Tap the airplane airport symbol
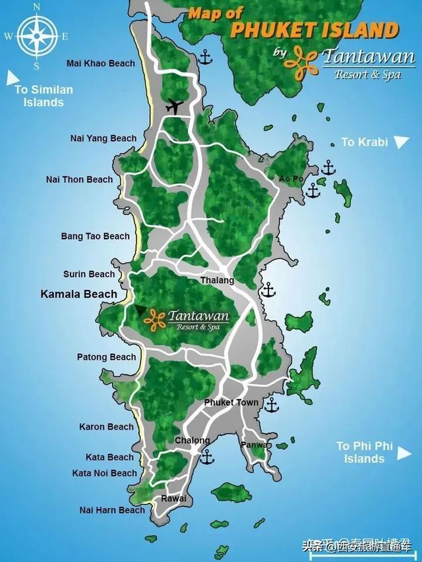(x=174, y=105)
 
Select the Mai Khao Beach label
(x=101, y=63)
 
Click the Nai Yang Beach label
(x=104, y=138)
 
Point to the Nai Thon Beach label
(x=79, y=179)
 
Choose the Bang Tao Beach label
(x=96, y=236)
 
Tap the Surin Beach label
(x=89, y=274)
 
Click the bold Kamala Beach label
(x=79, y=294)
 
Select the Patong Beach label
(x=107, y=357)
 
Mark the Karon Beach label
(x=106, y=427)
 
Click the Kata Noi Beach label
(x=105, y=473)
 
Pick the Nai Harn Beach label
(x=112, y=510)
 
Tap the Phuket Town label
(x=231, y=402)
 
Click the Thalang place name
(x=218, y=281)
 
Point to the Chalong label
(x=193, y=440)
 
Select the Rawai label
(x=173, y=499)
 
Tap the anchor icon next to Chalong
(x=207, y=456)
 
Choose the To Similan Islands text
(x=44, y=96)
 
